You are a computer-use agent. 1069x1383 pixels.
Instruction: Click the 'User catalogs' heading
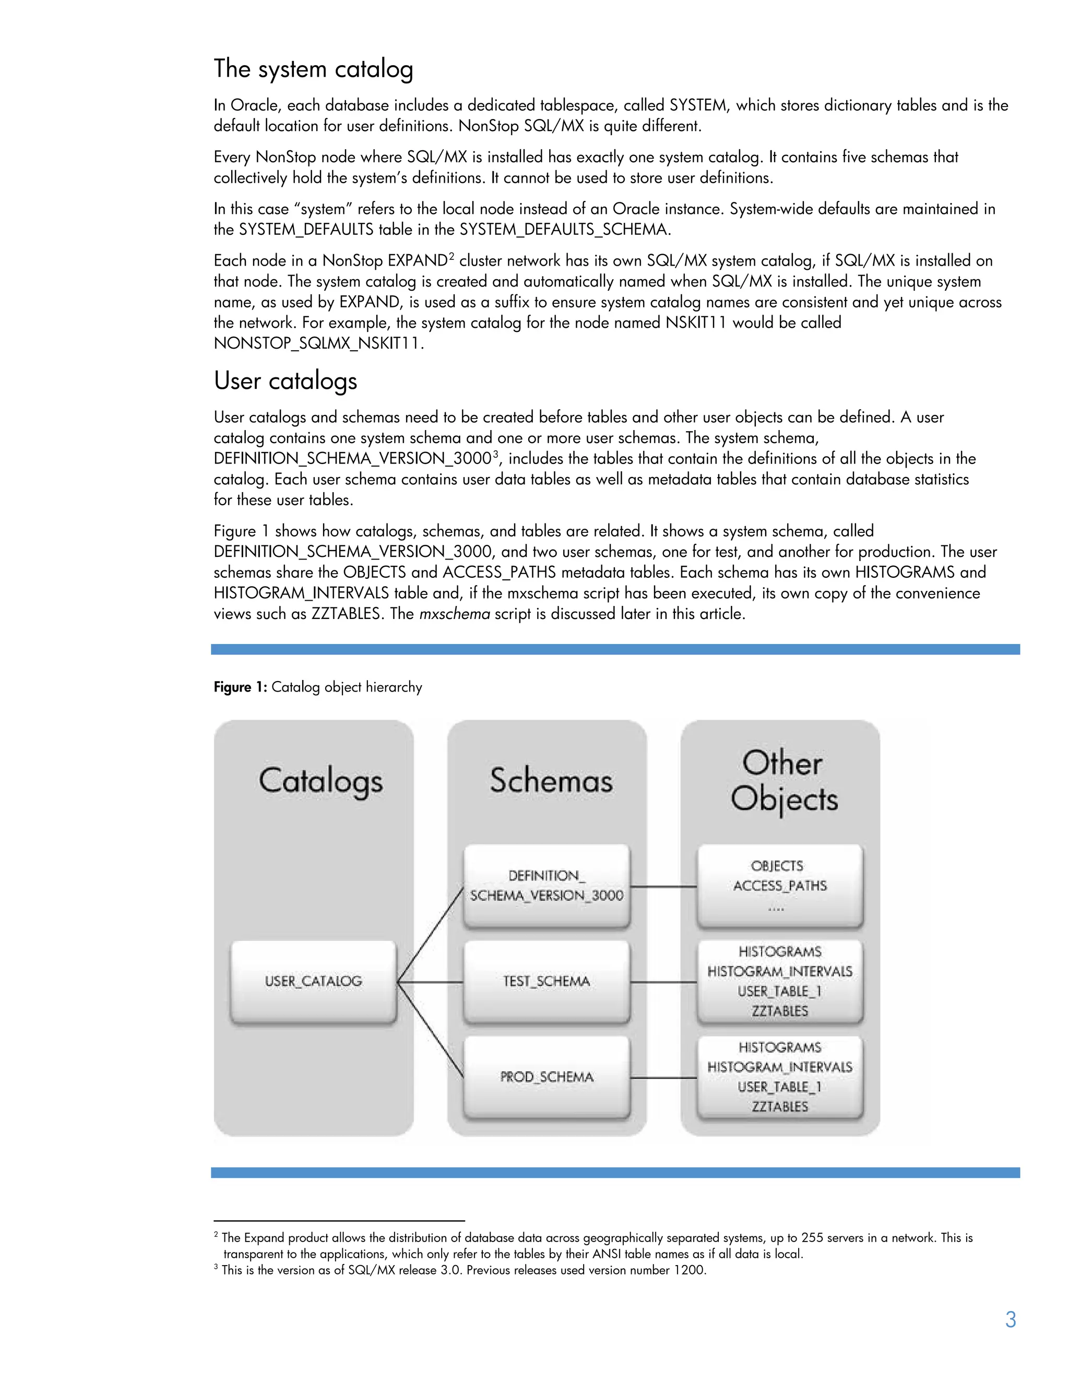click(x=285, y=380)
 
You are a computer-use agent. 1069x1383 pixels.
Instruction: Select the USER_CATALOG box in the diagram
click(x=314, y=981)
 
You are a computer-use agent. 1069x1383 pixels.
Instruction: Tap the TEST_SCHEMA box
click(x=547, y=981)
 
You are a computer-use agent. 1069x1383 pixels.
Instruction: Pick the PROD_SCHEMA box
click(x=547, y=1077)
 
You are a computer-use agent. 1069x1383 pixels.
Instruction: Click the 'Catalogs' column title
click(x=320, y=780)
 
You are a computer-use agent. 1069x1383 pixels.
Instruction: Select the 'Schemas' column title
click(x=551, y=780)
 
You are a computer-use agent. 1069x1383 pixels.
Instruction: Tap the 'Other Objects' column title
click(x=783, y=780)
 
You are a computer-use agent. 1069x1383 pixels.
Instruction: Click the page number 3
click(x=1010, y=1320)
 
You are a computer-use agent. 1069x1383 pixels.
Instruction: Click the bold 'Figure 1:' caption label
click(x=240, y=687)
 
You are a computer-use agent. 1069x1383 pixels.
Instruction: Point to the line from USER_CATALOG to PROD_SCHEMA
click(x=431, y=1030)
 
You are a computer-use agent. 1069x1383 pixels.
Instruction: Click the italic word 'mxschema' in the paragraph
click(x=454, y=614)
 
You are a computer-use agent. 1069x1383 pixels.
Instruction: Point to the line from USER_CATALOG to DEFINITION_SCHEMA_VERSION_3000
click(x=431, y=934)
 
